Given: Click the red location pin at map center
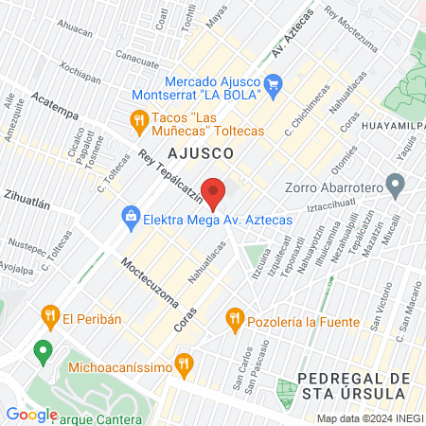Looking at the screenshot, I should click(x=214, y=193).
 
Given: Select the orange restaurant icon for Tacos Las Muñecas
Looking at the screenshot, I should click(x=138, y=120).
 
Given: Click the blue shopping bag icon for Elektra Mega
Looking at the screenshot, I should click(x=127, y=218).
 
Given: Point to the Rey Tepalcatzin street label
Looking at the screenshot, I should click(x=170, y=175).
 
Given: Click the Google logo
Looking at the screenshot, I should click(x=31, y=414).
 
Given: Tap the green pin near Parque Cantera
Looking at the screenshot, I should click(x=42, y=352).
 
